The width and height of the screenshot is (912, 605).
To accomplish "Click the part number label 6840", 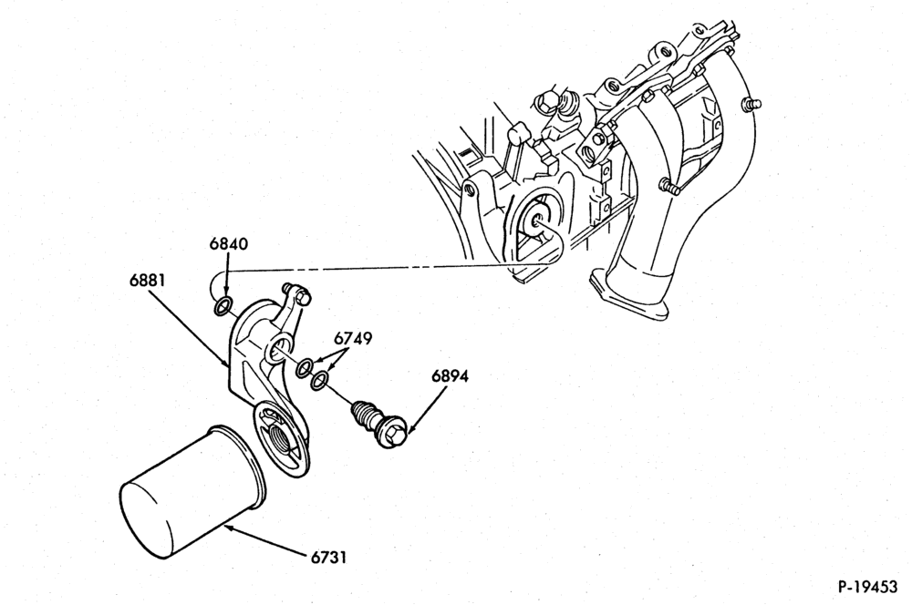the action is coord(229,245).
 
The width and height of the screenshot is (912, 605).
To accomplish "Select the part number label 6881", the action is coord(147,280).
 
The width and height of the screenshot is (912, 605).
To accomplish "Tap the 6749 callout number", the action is coord(353,338).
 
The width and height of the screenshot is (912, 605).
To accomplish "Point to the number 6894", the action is coord(451,376).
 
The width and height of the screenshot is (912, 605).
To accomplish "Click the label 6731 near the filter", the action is coord(328,558).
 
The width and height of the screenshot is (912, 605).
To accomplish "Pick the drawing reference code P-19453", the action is coord(867,587).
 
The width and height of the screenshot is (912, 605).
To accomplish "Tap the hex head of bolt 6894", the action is coord(391,434).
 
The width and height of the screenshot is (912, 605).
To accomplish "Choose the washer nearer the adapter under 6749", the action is coord(305,368).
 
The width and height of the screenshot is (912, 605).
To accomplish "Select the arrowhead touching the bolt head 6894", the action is coord(410,428).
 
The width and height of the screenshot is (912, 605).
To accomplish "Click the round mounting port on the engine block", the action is coord(536,220).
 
